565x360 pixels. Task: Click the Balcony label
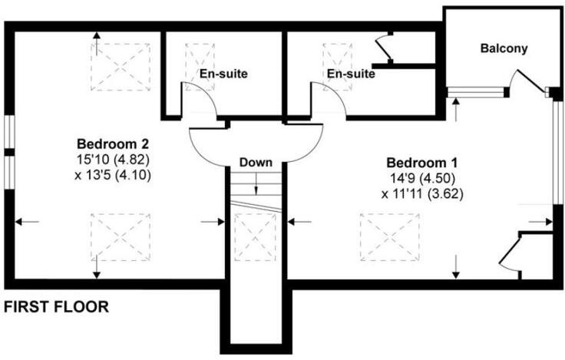pos(504,49)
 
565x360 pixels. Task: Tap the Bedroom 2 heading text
pos(112,144)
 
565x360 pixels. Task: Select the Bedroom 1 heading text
pos(421,163)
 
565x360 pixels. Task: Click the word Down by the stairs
pos(256,163)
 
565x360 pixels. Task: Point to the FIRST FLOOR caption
pos(56,307)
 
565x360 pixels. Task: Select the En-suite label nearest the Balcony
pos(350,74)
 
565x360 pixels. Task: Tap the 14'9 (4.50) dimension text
pos(421,178)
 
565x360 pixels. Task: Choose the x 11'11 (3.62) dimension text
pos(421,193)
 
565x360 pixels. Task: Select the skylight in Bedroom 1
pos(390,237)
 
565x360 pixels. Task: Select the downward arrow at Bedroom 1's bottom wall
pos(457,268)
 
